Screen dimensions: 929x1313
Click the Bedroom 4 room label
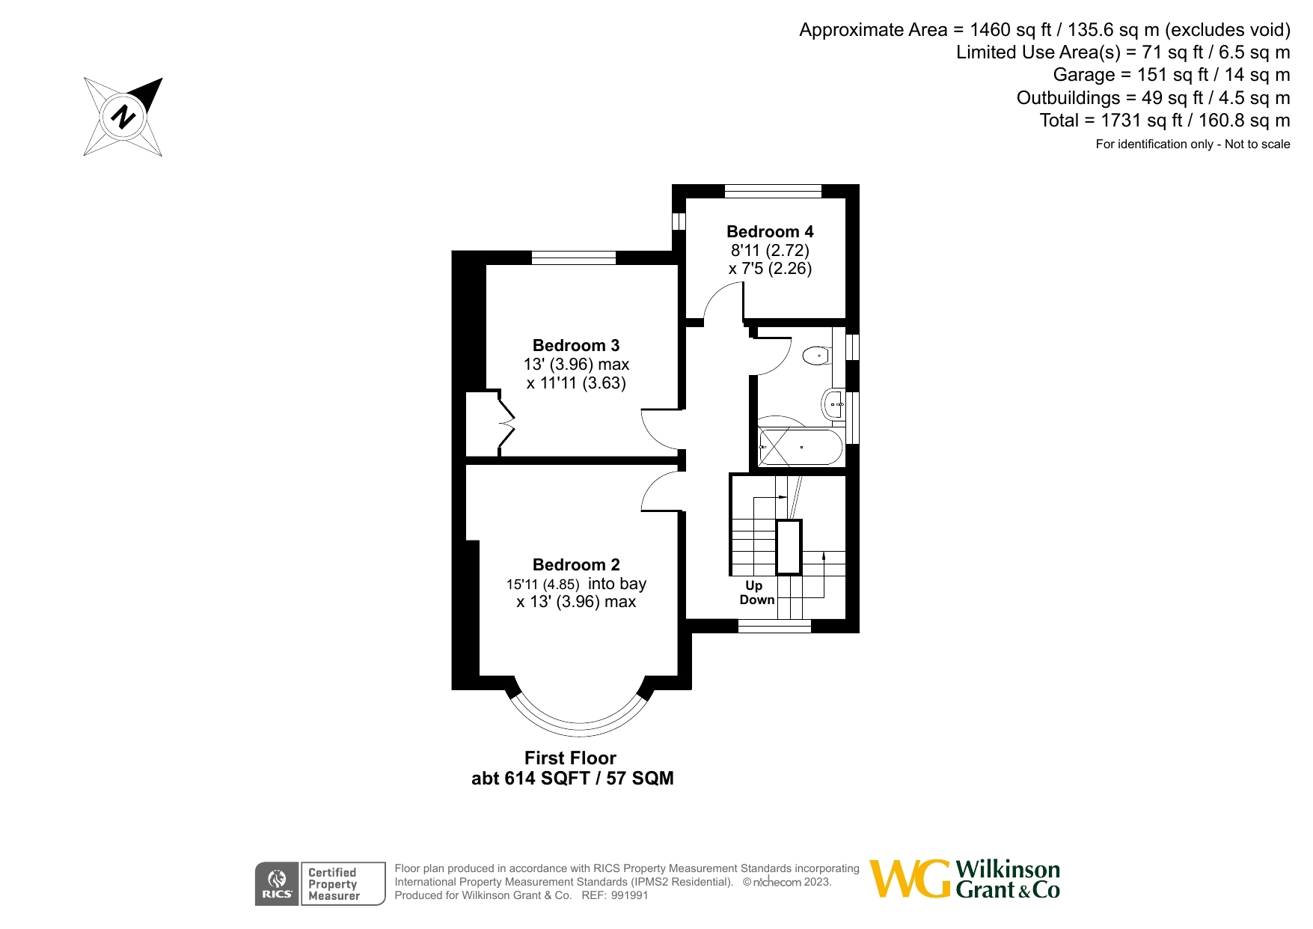770,232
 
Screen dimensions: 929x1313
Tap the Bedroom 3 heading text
575,346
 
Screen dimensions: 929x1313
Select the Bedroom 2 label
575,565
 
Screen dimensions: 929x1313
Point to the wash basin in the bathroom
833,405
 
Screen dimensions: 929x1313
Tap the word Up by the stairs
753,585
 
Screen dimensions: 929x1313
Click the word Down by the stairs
756,600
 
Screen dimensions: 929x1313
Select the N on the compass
123,117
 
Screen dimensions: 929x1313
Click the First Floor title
570,758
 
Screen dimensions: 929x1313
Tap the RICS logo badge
277,884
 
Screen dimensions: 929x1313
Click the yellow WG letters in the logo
910,879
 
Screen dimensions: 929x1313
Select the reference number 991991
629,895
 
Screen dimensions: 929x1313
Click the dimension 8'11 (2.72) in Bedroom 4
770,251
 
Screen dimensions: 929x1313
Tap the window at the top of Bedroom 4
773,192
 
